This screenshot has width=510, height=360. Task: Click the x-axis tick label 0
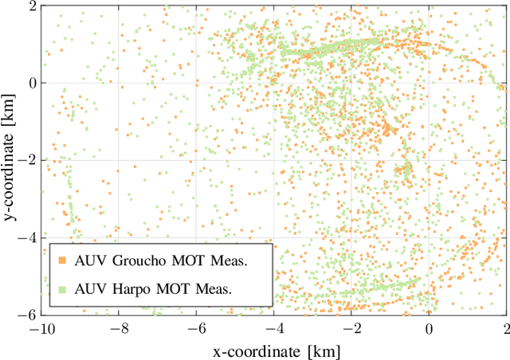click(x=429, y=329)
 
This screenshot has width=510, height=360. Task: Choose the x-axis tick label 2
click(x=506, y=329)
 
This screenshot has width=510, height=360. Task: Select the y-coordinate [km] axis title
click(x=9, y=159)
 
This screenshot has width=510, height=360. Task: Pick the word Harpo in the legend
click(x=129, y=289)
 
